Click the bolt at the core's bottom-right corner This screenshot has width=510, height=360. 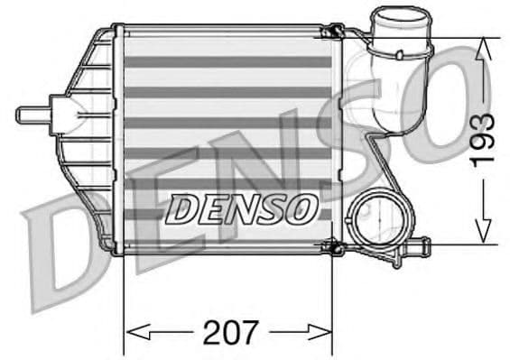(x=333, y=245)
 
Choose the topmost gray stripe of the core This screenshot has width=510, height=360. (x=227, y=62)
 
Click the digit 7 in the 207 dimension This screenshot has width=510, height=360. (x=249, y=331)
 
